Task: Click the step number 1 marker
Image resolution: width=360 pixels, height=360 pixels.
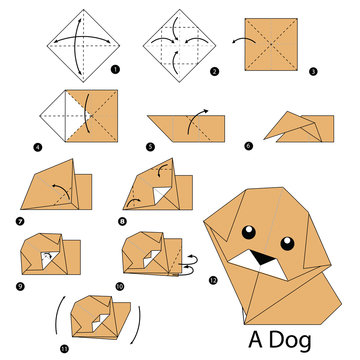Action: coord(116,69)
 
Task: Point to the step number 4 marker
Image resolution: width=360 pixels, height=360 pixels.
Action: coord(36,147)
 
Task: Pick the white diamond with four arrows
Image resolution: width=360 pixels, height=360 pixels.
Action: coord(180,40)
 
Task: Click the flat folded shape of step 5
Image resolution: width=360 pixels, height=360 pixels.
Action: coord(185,128)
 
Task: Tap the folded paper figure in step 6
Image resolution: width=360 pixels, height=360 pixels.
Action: coord(296,125)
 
